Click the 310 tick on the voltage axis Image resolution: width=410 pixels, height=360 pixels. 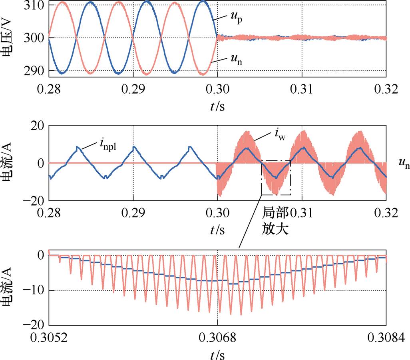click(35, 5)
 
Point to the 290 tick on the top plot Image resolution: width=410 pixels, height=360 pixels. click(35, 71)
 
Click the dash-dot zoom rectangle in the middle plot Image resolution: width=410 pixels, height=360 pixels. click(276, 178)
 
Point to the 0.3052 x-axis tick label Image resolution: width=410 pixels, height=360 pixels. click(48, 339)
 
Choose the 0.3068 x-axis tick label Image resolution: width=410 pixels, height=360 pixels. click(217, 339)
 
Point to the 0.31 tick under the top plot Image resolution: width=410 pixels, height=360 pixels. click(302, 89)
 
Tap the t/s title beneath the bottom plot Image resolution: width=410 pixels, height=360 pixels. click(217, 355)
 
